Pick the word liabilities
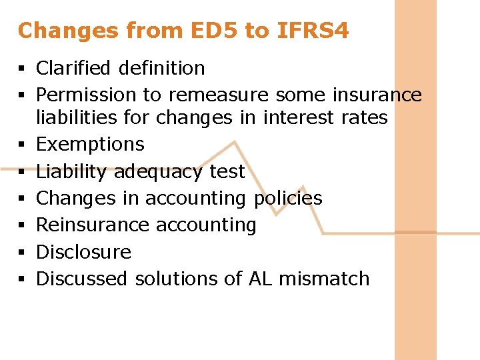(75, 118)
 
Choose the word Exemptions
(90, 145)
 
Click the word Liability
(71, 172)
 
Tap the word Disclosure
(83, 252)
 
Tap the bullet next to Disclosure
(23, 253)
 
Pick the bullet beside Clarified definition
(23, 69)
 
